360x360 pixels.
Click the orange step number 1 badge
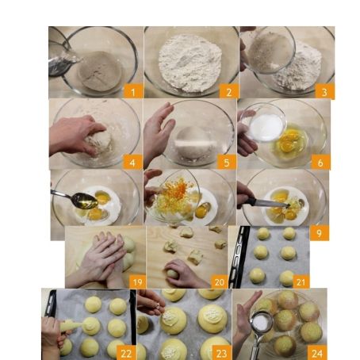coord(133,92)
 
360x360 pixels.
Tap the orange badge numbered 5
coord(227,162)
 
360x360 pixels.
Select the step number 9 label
coord(320,233)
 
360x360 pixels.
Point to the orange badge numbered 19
coord(137,281)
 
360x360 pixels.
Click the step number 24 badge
coord(317,353)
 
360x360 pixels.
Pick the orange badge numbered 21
coord(301,281)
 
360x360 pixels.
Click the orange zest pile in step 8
coord(172,194)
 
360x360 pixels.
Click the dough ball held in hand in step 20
coord(173,274)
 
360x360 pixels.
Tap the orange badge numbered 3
coord(324,92)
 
